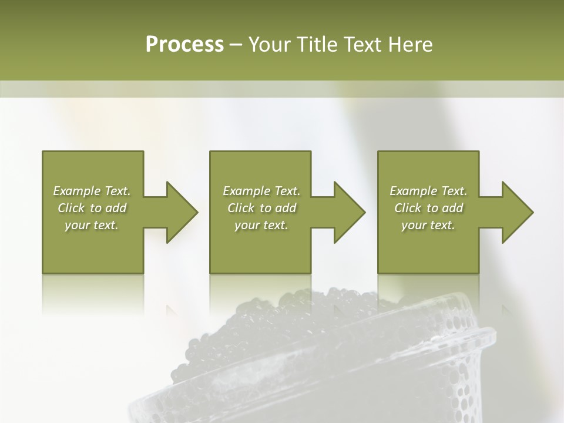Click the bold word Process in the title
click(x=184, y=45)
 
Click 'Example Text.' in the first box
click(x=92, y=191)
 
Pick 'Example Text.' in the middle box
click(x=261, y=191)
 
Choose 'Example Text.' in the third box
click(x=428, y=191)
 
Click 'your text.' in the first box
click(x=92, y=225)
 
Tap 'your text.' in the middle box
click(x=261, y=225)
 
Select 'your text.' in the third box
click(x=428, y=225)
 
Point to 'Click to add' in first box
click(x=92, y=208)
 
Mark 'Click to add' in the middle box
click(x=261, y=208)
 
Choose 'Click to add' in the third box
click(x=428, y=208)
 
